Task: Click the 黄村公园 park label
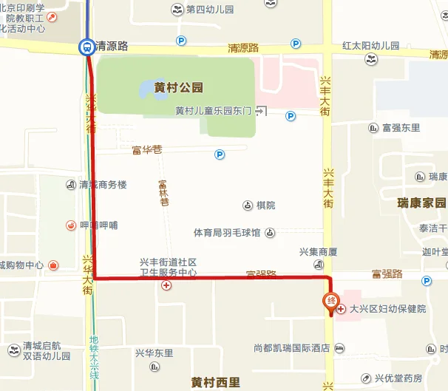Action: coord(178,87)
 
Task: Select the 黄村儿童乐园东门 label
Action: coord(214,111)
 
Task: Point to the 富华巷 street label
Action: coord(146,150)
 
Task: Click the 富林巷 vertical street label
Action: coord(164,192)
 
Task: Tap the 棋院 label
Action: coord(265,205)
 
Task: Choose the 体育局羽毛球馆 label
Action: coord(227,233)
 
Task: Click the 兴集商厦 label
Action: coord(319,252)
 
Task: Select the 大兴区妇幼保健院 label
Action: coord(387,309)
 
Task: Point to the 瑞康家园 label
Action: coord(421,203)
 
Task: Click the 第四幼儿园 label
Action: coord(210,10)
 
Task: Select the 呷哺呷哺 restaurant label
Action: coord(98,225)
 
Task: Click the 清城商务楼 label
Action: coord(103,184)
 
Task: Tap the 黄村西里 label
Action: coord(215,382)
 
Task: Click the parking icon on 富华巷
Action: coord(219,154)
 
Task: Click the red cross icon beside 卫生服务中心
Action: coord(167,285)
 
